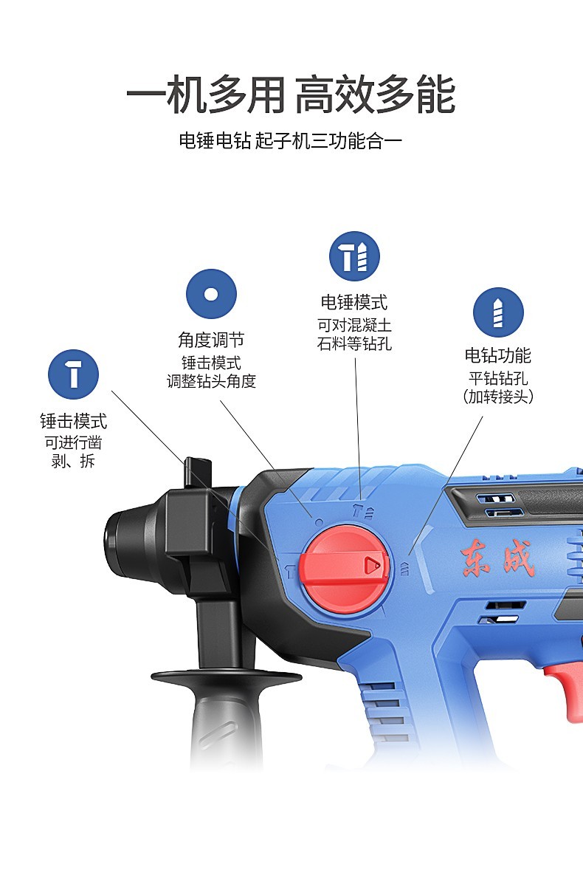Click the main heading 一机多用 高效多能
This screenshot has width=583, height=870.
pyautogui.click(x=291, y=95)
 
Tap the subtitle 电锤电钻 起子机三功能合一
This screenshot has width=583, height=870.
pyautogui.click(x=290, y=141)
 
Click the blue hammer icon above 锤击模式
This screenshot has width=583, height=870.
pyautogui.click(x=73, y=374)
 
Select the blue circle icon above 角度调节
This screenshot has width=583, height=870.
pyautogui.click(x=211, y=294)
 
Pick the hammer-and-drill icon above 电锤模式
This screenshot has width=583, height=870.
pyautogui.click(x=355, y=256)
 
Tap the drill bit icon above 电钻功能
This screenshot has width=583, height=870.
pyautogui.click(x=498, y=312)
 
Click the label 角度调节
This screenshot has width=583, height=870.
pyautogui.click(x=211, y=340)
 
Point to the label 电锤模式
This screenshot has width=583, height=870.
pyautogui.click(x=354, y=302)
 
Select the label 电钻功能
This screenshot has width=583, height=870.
pyautogui.click(x=498, y=355)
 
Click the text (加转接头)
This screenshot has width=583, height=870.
pyautogui.click(x=498, y=397)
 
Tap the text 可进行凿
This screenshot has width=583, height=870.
pyautogui.click(x=74, y=443)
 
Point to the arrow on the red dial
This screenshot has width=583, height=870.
pyautogui.click(x=373, y=566)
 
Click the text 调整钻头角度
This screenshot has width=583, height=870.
pyautogui.click(x=211, y=382)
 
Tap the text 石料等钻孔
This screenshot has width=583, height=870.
pyautogui.click(x=355, y=344)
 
